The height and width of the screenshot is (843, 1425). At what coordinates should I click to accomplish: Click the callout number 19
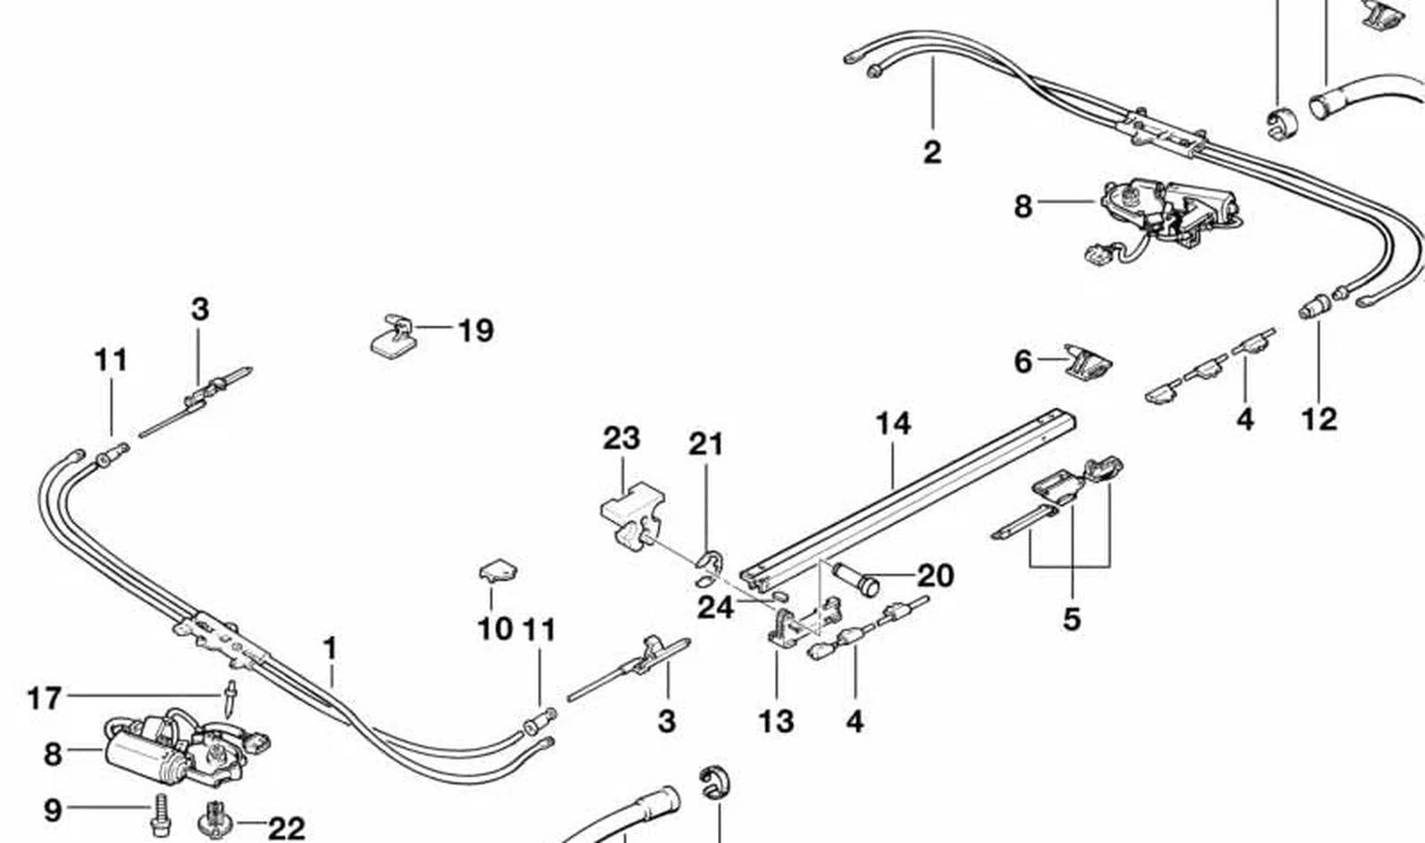click(x=476, y=331)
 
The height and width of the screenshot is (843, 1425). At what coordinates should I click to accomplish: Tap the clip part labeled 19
click(x=391, y=335)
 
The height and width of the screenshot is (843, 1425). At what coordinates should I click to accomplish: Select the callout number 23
click(x=622, y=438)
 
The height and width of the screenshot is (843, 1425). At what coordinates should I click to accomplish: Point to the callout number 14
click(x=894, y=424)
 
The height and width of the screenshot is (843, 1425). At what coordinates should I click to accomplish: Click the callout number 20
click(x=935, y=576)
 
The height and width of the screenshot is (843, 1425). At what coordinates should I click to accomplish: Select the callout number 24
click(x=715, y=608)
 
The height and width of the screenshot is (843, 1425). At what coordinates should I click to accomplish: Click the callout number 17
click(x=44, y=699)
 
